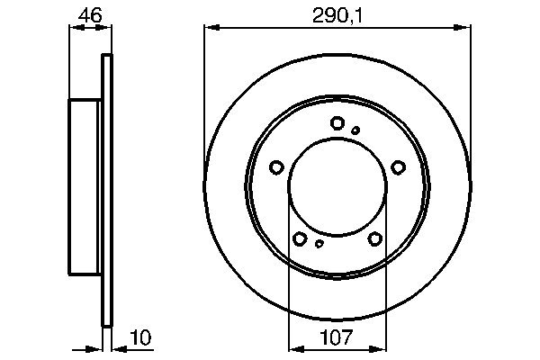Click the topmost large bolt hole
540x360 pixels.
click(x=337, y=123)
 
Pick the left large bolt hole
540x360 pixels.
click(x=277, y=166)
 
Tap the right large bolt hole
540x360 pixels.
click(x=397, y=166)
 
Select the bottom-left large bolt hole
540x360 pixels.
click(x=300, y=238)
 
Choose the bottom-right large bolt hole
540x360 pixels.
click(x=374, y=238)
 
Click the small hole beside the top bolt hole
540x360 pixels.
click(x=355, y=130)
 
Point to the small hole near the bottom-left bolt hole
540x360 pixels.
click(x=319, y=243)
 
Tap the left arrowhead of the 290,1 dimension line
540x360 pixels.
click(x=211, y=28)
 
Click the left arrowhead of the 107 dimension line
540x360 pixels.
click(x=292, y=348)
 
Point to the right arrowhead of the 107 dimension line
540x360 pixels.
click(x=382, y=348)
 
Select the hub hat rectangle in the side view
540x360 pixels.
click(x=85, y=187)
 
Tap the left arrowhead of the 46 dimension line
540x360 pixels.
click(x=75, y=28)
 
